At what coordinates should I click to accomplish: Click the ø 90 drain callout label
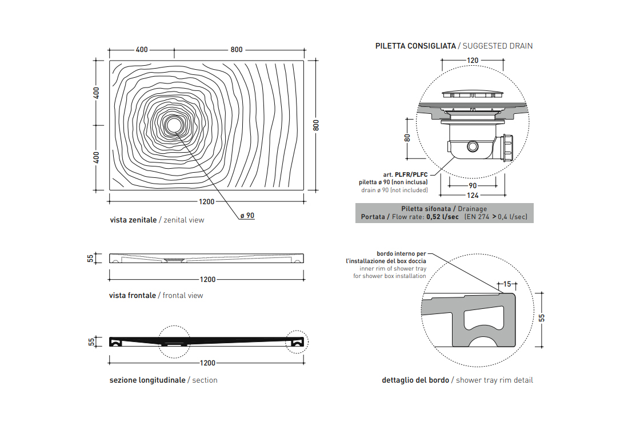click(247, 216)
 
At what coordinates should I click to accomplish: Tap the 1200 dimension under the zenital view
click(207, 201)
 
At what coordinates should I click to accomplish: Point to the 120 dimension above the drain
click(472, 60)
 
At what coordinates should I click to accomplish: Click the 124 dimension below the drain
click(473, 195)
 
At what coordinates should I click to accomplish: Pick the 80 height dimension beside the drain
click(407, 138)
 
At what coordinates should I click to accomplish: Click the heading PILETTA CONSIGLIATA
click(415, 46)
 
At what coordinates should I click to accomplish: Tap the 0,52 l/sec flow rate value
click(442, 217)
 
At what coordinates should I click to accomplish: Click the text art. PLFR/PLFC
click(405, 174)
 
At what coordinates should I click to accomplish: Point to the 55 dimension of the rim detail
click(542, 317)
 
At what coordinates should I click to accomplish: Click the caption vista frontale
click(133, 296)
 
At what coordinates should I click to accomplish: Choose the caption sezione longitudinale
click(147, 380)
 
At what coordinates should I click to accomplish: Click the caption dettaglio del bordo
click(415, 380)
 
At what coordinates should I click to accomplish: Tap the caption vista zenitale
click(133, 220)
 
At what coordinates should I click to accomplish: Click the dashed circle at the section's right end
click(297, 341)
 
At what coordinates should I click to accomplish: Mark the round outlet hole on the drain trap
click(473, 146)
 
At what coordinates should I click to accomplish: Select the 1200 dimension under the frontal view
click(207, 280)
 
